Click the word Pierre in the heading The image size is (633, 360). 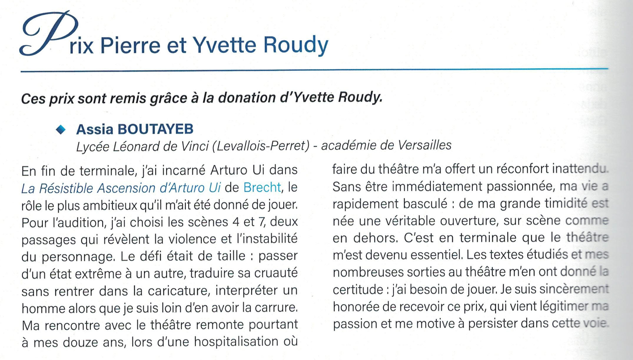click(x=130, y=46)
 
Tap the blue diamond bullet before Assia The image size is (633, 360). click(x=61, y=129)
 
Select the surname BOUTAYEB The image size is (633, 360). click(x=155, y=129)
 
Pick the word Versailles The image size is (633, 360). click(x=424, y=145)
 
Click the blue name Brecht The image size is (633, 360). click(x=262, y=188)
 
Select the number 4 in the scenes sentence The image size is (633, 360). click(x=236, y=222)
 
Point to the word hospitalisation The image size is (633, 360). click(x=236, y=342)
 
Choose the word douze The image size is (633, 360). click(x=80, y=343)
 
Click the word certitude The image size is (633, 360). click(x=358, y=290)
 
